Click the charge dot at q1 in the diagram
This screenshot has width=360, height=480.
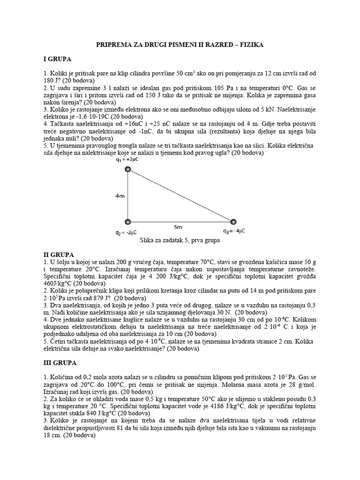pyautogui.click(x=127, y=170)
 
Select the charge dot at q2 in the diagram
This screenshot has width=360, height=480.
pyautogui.click(x=127, y=221)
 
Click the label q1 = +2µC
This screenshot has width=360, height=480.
pyautogui.click(x=128, y=160)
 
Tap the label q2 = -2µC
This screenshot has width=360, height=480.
pyautogui.click(x=126, y=232)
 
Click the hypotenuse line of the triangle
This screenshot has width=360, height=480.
pyautogui.click(x=180, y=195)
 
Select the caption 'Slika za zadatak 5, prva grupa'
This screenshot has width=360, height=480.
pyautogui.click(x=180, y=240)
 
